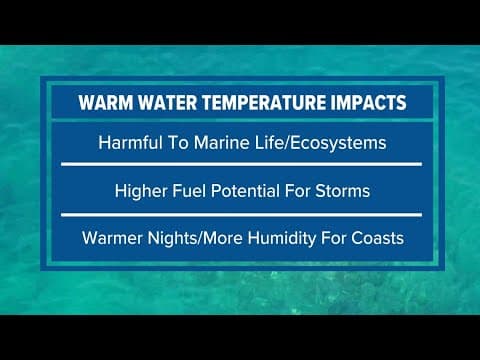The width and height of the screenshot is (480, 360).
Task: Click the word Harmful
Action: point(133,143)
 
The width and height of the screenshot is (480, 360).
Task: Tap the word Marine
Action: point(229,143)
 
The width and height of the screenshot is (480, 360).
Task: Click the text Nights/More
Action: point(198,239)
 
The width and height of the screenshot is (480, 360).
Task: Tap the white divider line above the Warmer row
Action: point(240,214)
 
